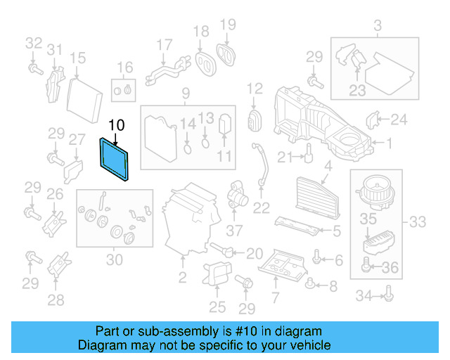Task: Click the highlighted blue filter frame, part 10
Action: coord(114,159)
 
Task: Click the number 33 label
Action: coord(417,223)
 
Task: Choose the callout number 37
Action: coord(233,229)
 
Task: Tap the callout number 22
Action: coord(261,207)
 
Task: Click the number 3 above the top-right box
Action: coord(377,27)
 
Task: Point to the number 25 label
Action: coord(217,306)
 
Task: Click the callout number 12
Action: coord(254,89)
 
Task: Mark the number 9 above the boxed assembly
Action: coord(186,94)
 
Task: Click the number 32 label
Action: coord(34,43)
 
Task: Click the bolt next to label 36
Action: coord(366,266)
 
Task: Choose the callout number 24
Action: coord(399,120)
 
